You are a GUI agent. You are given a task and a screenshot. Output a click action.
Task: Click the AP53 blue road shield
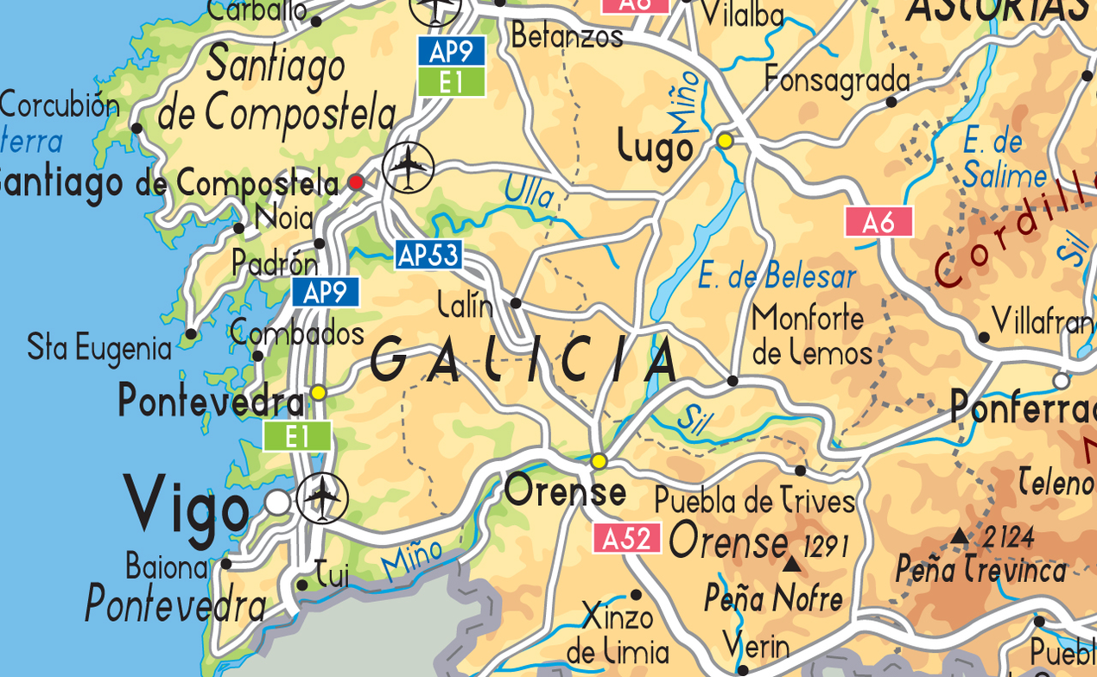tap(428, 255)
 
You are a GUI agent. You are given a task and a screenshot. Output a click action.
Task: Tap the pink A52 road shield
tap(626, 539)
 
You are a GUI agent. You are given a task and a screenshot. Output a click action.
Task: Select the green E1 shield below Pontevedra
tap(297, 436)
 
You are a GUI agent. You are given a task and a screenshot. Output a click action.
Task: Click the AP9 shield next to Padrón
tap(325, 293)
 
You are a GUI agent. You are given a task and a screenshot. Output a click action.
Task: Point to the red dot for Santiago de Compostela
tap(355, 182)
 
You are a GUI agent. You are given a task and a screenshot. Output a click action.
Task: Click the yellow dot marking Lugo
tap(726, 140)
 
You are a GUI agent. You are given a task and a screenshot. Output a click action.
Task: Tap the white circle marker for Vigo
tap(277, 502)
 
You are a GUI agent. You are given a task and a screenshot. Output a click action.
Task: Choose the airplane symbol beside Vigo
tap(322, 498)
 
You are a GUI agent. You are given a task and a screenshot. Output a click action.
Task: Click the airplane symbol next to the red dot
tap(408, 167)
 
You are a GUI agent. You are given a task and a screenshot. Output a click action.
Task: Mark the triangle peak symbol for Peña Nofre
tap(791, 565)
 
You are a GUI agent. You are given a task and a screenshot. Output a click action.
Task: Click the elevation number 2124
tap(1006, 538)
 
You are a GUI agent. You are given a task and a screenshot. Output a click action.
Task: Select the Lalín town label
tap(466, 304)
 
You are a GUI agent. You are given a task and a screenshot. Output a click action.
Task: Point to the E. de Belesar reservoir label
tap(777, 276)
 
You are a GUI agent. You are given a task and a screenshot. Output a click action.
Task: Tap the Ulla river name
tap(529, 191)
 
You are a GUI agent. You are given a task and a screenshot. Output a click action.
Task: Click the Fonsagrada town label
tap(837, 80)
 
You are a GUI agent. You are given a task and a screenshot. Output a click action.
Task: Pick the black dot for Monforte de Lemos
tap(732, 381)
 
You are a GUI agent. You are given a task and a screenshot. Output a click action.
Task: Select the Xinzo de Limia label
tap(618, 634)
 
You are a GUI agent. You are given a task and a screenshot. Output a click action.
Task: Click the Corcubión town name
tap(60, 105)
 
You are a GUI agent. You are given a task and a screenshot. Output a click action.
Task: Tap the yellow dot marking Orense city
tap(599, 461)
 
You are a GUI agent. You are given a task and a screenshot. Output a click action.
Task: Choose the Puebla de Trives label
tap(754, 501)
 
